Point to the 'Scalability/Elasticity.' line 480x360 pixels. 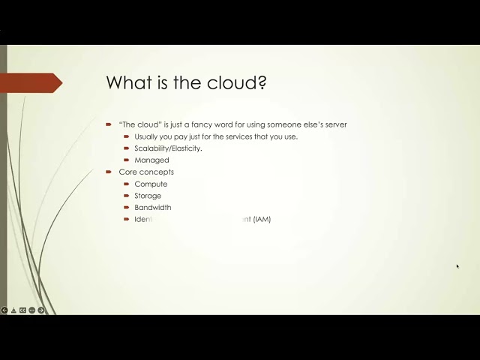(168, 148)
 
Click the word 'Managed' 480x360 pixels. (151, 160)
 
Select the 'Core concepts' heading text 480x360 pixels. (146, 172)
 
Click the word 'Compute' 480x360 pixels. (151, 184)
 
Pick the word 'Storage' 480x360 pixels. (148, 196)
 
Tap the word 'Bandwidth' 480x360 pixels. (153, 208)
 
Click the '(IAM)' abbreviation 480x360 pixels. (262, 220)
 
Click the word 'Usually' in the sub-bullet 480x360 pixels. (148, 136)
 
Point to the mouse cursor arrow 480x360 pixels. (457, 265)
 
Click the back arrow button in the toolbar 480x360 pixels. (4, 310)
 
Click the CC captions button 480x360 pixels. (22, 310)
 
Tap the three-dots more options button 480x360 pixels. (31, 310)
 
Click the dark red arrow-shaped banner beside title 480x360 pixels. (30, 82)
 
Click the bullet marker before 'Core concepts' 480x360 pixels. (109, 172)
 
